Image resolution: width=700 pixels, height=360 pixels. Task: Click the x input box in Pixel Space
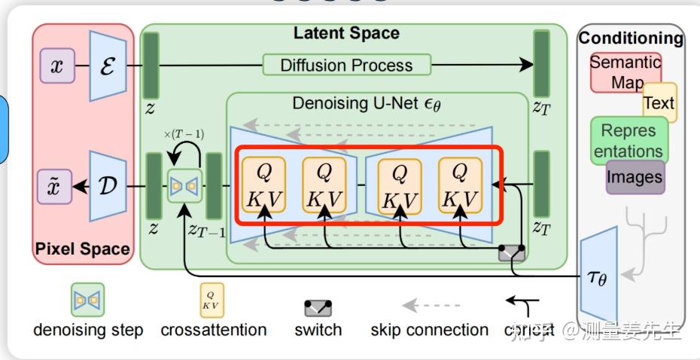point(56,66)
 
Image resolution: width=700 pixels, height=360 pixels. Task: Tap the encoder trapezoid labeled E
point(108,66)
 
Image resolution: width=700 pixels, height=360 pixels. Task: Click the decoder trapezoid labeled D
point(108,185)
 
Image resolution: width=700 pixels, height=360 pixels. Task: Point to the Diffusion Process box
point(346,65)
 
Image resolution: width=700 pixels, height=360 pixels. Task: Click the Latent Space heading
point(346,33)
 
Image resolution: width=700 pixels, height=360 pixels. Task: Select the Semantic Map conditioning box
point(625,72)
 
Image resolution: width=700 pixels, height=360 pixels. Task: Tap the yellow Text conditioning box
point(659,102)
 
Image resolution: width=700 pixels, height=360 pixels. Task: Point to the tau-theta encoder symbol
point(598,278)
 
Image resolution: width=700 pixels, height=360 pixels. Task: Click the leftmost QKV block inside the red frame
point(263,185)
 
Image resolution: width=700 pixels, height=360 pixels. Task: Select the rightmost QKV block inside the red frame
point(459,185)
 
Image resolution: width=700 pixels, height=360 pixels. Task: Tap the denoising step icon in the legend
point(87,300)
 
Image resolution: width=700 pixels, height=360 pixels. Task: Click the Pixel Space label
point(83,249)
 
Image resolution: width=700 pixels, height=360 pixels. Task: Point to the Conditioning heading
point(631,38)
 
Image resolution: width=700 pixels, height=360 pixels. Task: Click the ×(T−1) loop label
point(183,134)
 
